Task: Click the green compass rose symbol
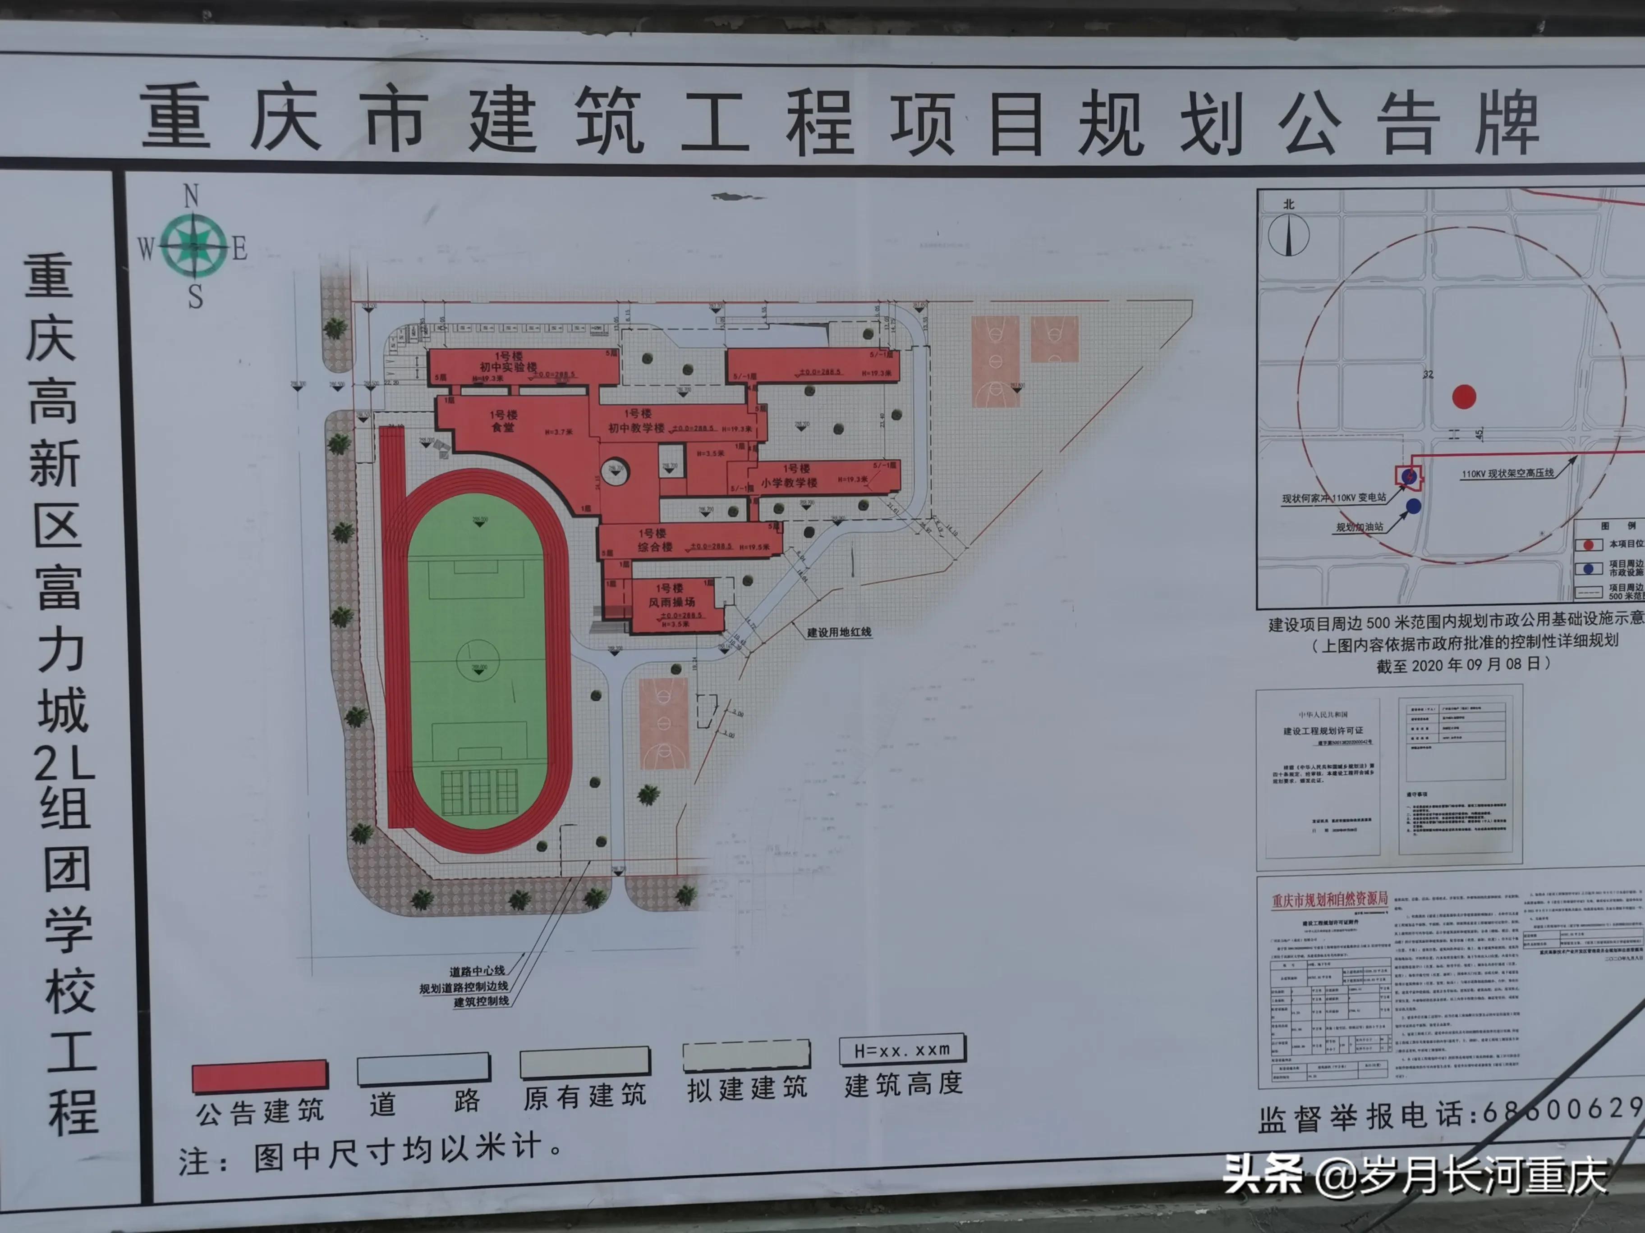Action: tap(194, 245)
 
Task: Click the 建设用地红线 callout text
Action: tap(839, 632)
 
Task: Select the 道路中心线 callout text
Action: tap(477, 971)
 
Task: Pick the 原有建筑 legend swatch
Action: tap(584, 1063)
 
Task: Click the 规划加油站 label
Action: tap(1360, 527)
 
